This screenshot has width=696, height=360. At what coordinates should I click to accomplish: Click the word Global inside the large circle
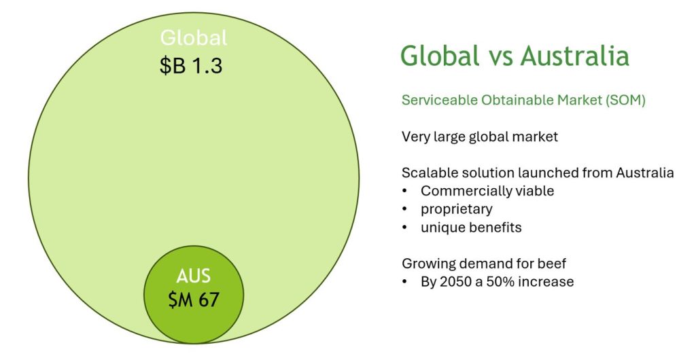pyautogui.click(x=194, y=37)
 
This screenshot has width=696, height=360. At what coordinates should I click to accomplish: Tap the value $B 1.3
pyautogui.click(x=191, y=66)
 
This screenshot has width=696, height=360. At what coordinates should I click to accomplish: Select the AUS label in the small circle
pyautogui.click(x=193, y=276)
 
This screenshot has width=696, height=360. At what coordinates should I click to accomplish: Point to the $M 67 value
pyautogui.click(x=194, y=300)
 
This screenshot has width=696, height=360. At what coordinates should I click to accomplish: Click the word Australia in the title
pyautogui.click(x=575, y=56)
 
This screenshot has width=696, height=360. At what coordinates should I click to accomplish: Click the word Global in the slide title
pyautogui.click(x=440, y=56)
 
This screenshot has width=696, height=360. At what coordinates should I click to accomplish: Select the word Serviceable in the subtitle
pyautogui.click(x=440, y=100)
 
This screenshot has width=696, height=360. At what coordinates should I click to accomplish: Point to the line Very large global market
pyautogui.click(x=480, y=136)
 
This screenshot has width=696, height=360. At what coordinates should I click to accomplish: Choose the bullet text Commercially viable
pyautogui.click(x=487, y=191)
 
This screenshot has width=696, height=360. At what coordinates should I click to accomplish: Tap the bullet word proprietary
pyautogui.click(x=457, y=209)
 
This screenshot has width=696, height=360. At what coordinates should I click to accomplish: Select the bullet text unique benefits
pyautogui.click(x=472, y=227)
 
